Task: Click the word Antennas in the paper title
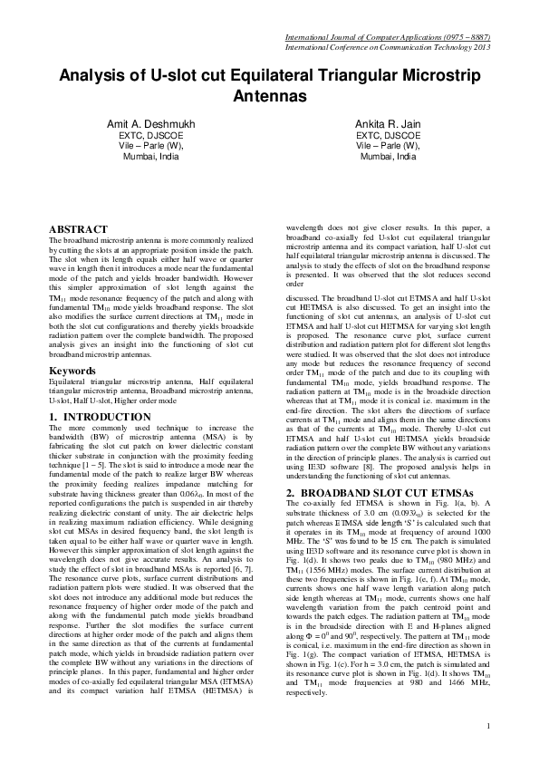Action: pos(269,93)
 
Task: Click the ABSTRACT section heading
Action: pos(78,230)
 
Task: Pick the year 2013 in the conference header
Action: pos(481,46)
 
